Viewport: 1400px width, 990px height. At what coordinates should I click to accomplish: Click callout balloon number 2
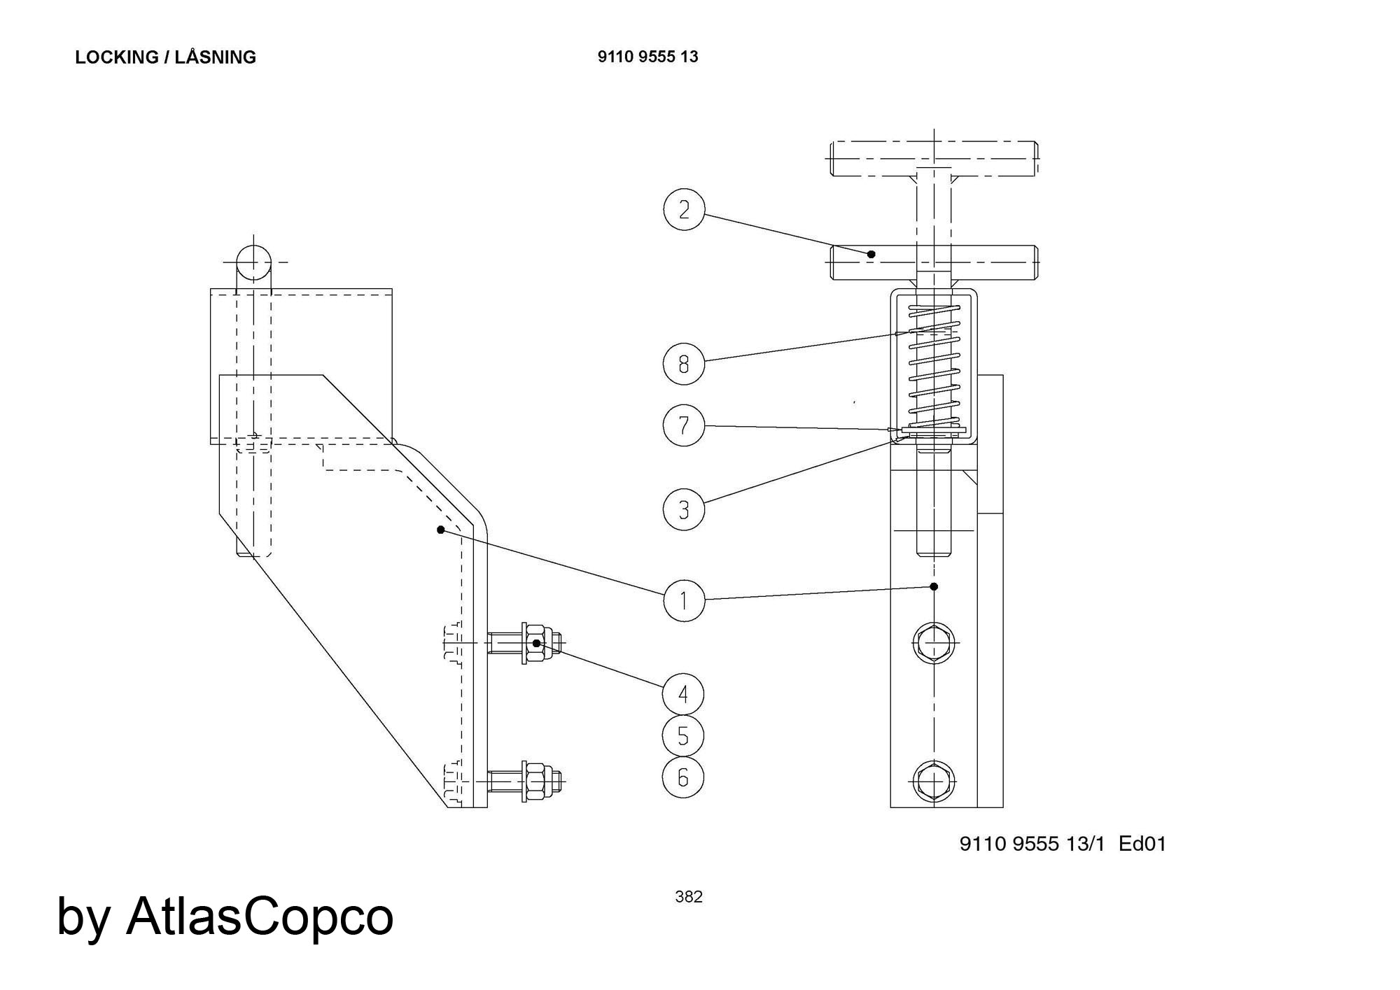point(684,209)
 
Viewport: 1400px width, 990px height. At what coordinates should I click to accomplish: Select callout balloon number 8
point(684,363)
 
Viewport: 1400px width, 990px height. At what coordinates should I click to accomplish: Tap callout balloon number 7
point(684,425)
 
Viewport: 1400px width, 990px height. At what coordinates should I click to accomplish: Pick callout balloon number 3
point(684,509)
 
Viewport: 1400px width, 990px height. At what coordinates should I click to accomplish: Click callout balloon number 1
point(684,600)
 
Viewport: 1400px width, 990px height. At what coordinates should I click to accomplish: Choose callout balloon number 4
point(684,694)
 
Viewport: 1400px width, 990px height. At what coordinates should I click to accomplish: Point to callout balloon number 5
point(684,735)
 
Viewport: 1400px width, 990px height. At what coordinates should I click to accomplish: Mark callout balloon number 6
point(684,777)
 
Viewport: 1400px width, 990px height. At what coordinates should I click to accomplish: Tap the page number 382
point(689,897)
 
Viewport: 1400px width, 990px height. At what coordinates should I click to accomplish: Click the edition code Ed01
point(1142,844)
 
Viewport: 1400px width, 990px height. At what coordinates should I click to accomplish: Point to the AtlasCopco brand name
point(260,917)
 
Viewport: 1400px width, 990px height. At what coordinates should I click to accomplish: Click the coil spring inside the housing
point(934,367)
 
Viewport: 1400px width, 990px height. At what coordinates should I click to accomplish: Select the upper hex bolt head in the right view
point(934,642)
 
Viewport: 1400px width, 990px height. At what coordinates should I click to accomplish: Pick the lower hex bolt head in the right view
point(934,779)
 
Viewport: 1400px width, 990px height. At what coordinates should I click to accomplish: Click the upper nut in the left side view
point(535,643)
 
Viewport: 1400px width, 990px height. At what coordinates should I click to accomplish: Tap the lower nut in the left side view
point(535,779)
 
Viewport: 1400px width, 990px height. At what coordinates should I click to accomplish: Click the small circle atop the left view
point(253,263)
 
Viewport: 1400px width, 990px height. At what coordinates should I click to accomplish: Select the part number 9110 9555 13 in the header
point(647,57)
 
